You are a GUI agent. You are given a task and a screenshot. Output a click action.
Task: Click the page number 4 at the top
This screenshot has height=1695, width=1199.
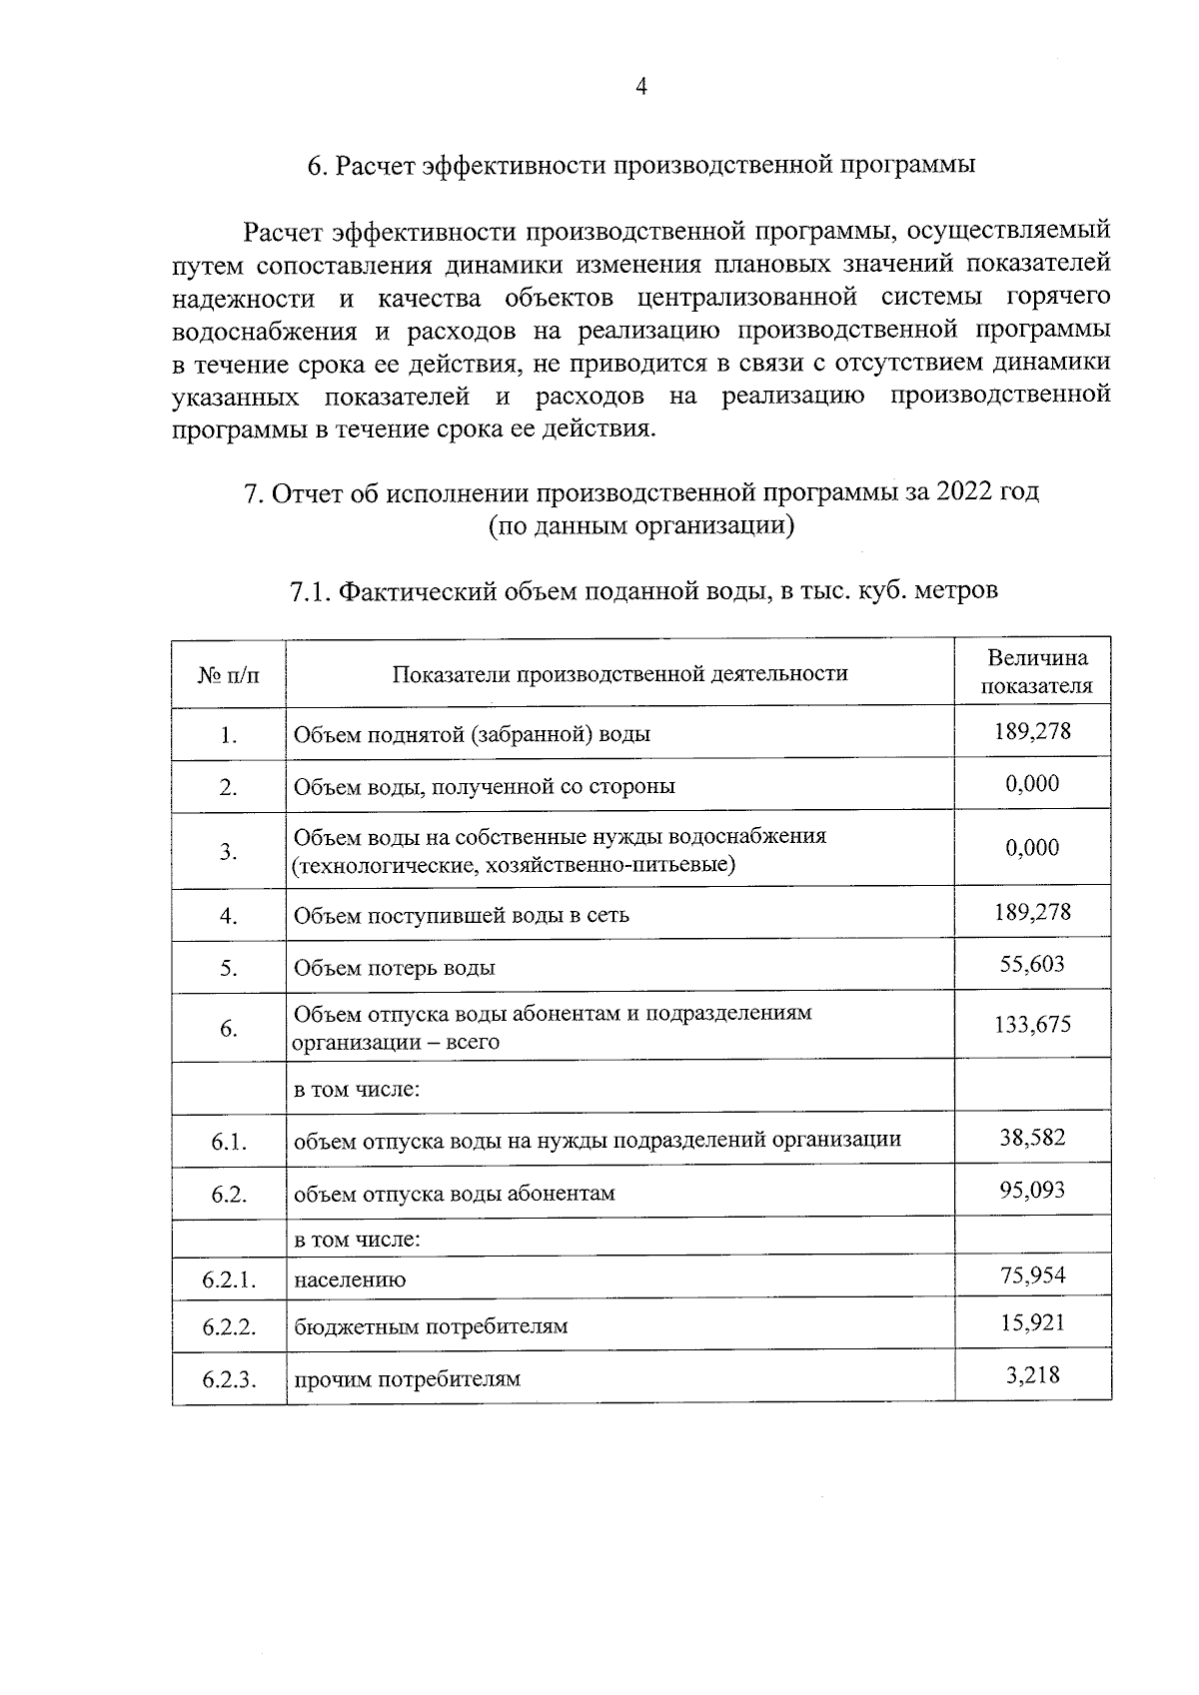[x=641, y=88]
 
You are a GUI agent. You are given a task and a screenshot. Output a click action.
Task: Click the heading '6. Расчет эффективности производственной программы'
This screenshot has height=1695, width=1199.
[x=640, y=166]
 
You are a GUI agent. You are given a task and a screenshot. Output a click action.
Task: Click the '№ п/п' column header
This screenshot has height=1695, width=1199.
[x=228, y=674]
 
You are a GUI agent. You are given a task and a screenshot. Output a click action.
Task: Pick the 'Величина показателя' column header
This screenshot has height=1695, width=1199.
[x=1035, y=672]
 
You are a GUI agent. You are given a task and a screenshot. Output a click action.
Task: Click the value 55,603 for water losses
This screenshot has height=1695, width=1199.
[x=1032, y=964]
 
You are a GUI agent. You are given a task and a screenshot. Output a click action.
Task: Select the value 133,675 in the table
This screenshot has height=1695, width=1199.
[x=1032, y=1025]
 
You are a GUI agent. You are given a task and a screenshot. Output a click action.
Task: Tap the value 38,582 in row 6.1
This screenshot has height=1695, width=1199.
[x=1032, y=1138]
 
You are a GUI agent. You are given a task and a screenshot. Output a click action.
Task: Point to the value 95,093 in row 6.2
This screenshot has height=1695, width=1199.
[x=1032, y=1190]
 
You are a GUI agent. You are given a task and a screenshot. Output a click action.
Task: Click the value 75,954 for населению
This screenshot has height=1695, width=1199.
[x=1032, y=1274]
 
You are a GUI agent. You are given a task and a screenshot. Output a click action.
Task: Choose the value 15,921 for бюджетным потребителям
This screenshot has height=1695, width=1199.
[x=1032, y=1323]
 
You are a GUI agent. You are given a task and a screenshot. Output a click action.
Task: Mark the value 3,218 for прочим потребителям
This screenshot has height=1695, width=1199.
[x=1032, y=1375]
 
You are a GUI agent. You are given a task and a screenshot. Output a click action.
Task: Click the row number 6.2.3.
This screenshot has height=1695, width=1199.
[x=229, y=1379]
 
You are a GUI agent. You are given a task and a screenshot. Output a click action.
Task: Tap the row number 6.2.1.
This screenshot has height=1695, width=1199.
[x=229, y=1278]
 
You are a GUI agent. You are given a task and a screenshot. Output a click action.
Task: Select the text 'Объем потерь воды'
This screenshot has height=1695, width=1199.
[x=394, y=968]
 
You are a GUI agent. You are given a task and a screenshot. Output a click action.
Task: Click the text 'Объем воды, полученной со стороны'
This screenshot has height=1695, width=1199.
[x=484, y=786]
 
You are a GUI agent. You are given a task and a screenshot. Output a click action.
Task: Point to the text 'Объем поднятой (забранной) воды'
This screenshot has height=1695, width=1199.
[x=471, y=735]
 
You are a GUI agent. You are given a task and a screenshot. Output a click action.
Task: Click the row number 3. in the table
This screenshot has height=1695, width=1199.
[x=229, y=851]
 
